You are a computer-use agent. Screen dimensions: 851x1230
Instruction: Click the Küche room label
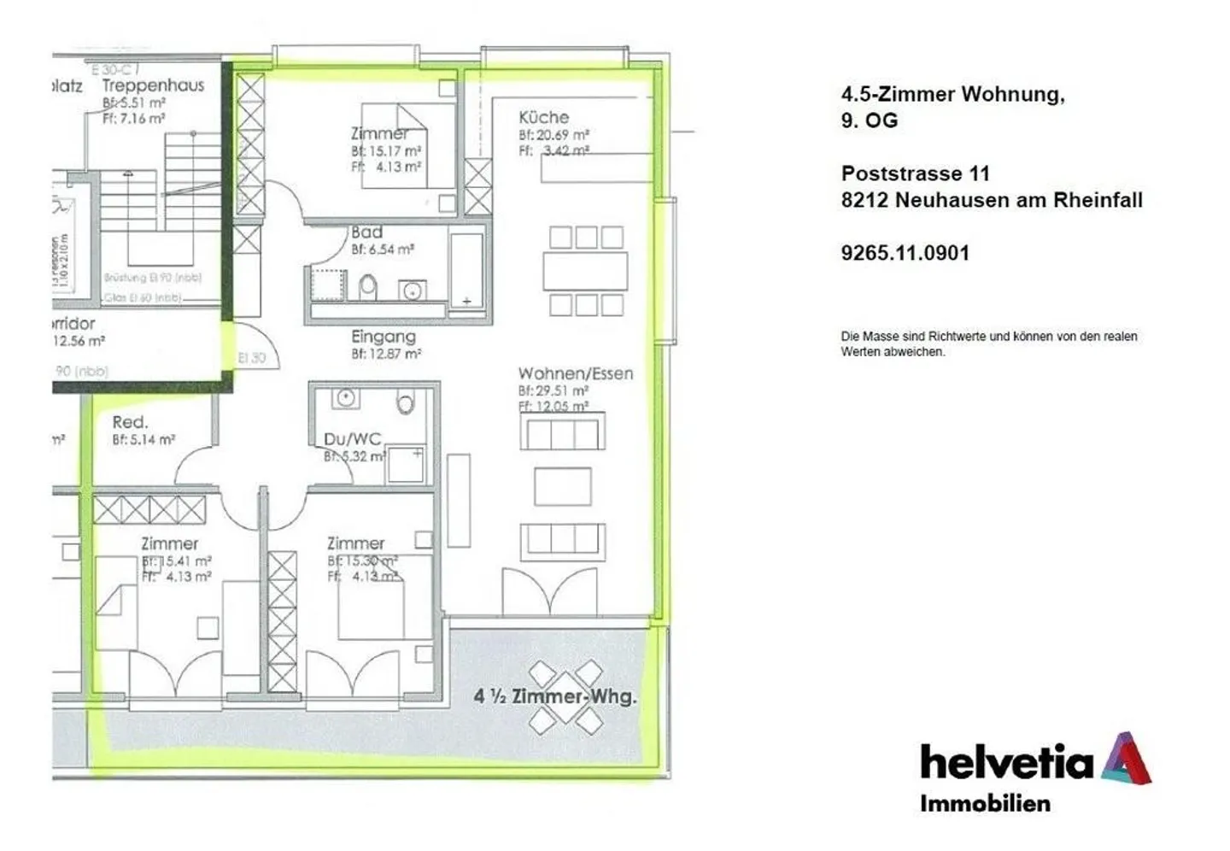(x=543, y=117)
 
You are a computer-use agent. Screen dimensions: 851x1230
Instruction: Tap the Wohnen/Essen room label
(x=575, y=373)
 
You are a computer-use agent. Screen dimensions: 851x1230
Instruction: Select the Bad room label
(x=366, y=232)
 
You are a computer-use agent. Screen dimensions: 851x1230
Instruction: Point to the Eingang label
(x=384, y=337)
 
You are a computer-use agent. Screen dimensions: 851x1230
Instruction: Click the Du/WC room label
(x=352, y=439)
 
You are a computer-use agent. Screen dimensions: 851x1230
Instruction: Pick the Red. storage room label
(x=130, y=422)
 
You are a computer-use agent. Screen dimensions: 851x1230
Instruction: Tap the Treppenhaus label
(x=153, y=85)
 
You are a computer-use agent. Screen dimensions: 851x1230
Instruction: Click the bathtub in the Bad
(x=466, y=269)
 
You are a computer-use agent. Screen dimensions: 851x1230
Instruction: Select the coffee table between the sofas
(x=562, y=486)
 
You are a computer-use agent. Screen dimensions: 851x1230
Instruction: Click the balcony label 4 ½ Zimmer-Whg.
(x=555, y=696)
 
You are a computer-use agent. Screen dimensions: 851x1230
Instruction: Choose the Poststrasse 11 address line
(x=915, y=173)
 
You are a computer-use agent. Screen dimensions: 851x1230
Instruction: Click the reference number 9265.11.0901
(x=905, y=253)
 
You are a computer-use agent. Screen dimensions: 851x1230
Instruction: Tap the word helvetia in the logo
(x=1006, y=761)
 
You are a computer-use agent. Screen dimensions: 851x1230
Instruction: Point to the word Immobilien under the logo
(x=985, y=803)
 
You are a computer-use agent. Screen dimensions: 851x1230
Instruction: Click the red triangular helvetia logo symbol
(x=1126, y=758)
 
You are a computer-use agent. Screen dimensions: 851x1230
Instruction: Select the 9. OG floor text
(x=869, y=120)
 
